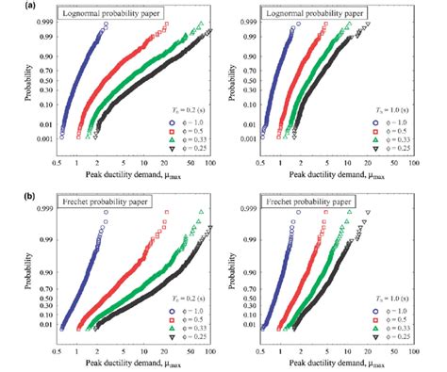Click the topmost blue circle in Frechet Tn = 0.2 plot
pos(107,213)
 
